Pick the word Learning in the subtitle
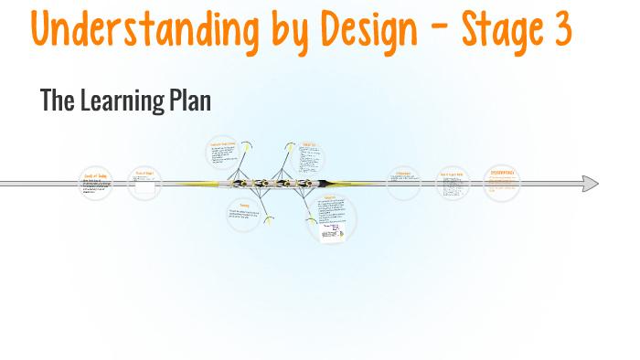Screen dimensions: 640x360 tap(123, 101)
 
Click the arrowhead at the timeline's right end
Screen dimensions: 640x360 tap(591, 184)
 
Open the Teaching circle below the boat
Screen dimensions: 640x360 tap(244, 215)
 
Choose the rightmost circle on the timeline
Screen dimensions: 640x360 tap(501, 183)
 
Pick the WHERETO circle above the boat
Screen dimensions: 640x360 tap(310, 156)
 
